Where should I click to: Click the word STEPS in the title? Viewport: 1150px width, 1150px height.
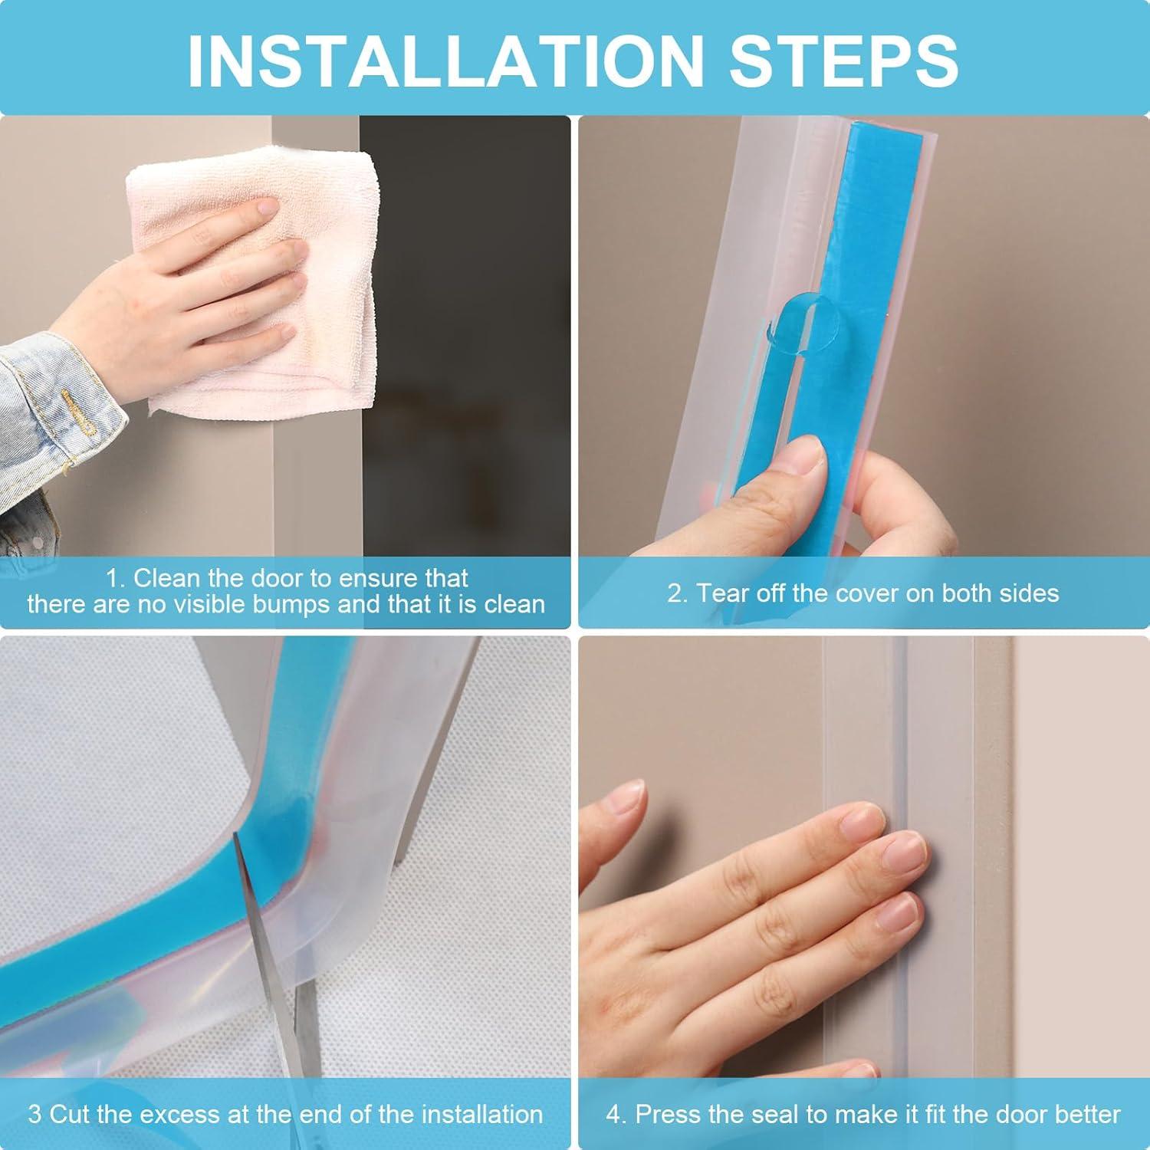click(x=844, y=60)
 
